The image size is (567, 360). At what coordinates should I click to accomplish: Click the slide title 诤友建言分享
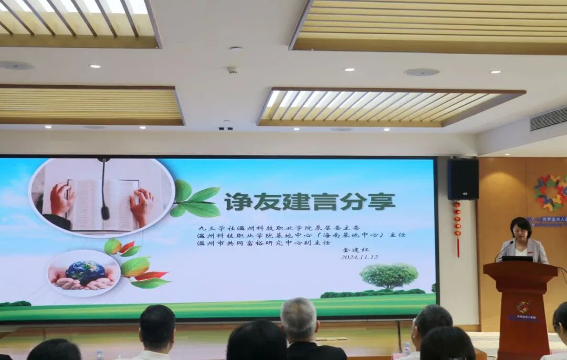click(x=310, y=202)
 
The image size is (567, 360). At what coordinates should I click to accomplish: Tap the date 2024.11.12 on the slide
click(x=359, y=257)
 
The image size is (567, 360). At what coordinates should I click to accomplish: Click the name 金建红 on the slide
click(x=352, y=250)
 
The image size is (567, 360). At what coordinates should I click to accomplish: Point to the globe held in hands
click(x=85, y=272)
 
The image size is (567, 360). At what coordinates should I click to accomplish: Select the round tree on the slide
click(x=389, y=276)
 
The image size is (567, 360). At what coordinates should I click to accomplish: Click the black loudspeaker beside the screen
click(x=463, y=179)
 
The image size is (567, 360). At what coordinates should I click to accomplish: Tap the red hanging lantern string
click(x=457, y=228)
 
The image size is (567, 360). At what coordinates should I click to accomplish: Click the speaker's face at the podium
click(x=521, y=230)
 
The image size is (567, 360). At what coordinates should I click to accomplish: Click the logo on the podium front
click(x=522, y=306)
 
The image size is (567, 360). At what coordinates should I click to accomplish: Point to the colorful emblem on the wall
click(x=551, y=193)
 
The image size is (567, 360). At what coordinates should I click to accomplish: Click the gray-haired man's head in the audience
click(x=299, y=317)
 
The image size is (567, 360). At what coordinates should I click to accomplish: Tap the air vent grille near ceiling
click(x=548, y=119)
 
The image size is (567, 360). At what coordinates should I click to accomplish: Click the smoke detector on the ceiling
click(x=232, y=69)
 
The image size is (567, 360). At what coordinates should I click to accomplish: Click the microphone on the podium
click(x=501, y=251)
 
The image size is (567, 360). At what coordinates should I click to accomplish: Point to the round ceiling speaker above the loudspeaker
click(x=421, y=72)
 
